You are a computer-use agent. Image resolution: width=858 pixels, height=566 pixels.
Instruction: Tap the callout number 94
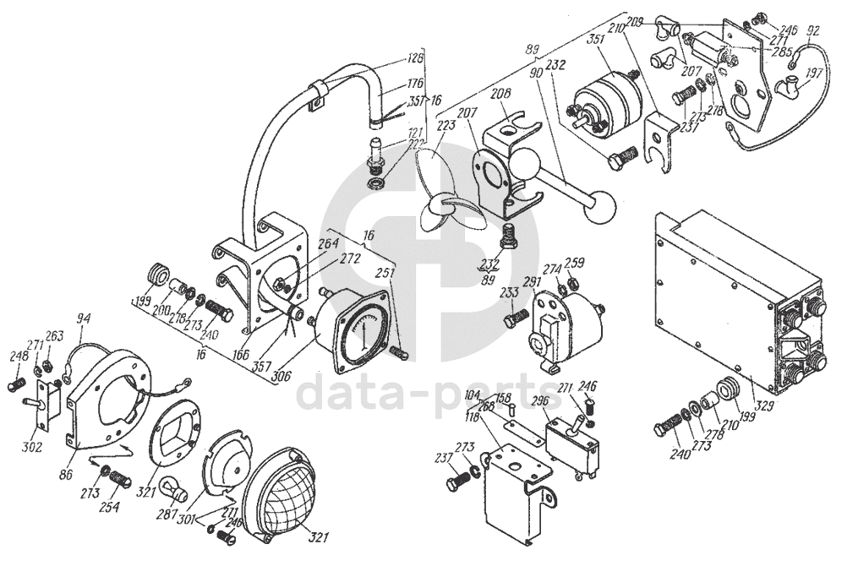point(82,318)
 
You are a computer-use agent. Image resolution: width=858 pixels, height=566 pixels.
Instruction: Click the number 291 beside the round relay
point(532,283)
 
